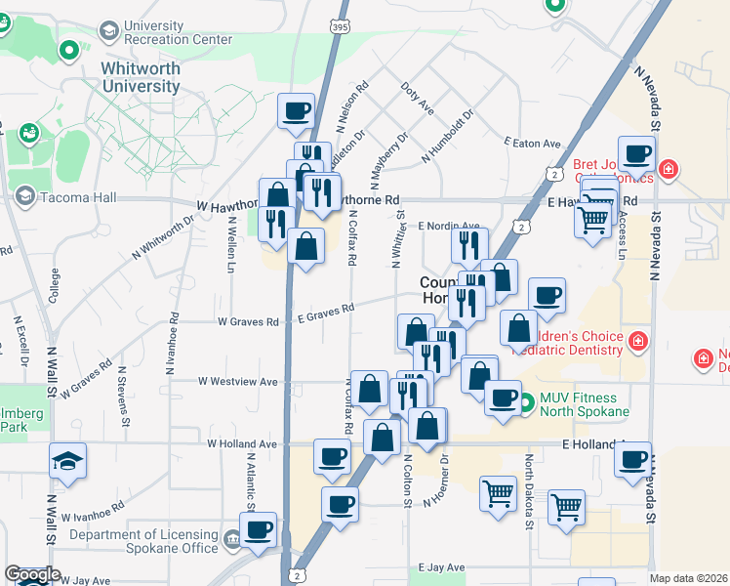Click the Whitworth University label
141,77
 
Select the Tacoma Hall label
79,197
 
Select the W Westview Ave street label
238,381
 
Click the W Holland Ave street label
242,443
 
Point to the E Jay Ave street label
442,566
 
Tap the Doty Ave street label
417,98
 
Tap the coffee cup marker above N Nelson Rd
296,110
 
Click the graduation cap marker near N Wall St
67,460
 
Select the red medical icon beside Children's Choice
637,342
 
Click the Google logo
31,575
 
